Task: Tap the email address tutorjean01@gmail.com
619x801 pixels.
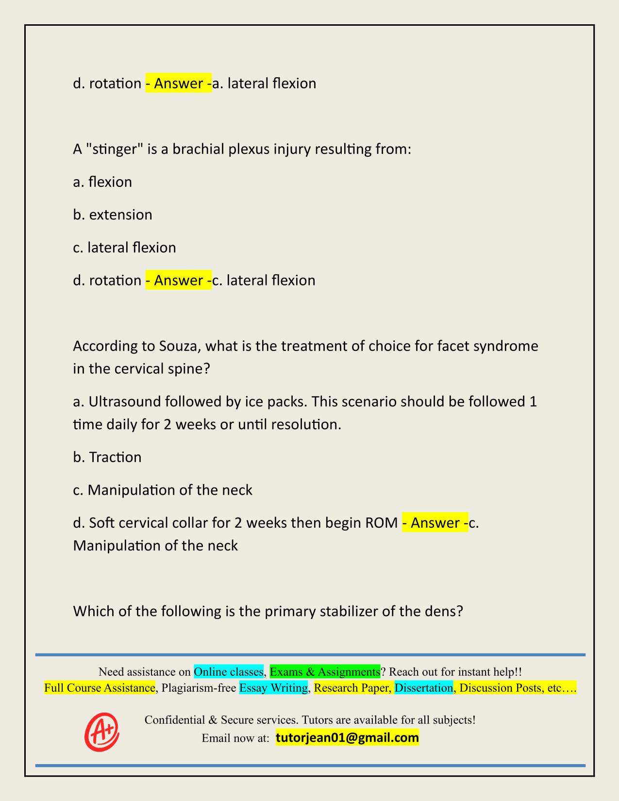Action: point(347,738)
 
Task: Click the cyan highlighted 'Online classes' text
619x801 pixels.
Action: point(229,671)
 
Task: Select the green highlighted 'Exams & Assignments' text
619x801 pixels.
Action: point(325,671)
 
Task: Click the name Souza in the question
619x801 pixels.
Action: point(179,346)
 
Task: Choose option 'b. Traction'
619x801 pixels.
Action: point(107,457)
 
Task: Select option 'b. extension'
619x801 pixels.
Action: point(113,215)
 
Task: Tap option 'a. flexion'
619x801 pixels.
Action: point(102,182)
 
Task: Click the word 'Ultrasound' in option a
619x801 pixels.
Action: point(124,402)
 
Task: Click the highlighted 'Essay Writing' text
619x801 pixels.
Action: point(273,688)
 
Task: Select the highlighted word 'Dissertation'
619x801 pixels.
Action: point(423,688)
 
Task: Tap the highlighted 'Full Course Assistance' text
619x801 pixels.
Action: point(100,688)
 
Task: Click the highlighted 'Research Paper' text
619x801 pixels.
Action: point(352,688)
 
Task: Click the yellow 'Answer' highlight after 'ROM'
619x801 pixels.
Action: point(435,523)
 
